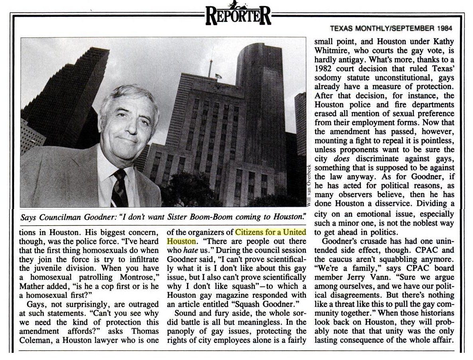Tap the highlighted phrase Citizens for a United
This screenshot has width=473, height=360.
tap(270, 232)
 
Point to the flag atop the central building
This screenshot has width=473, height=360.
tap(219, 75)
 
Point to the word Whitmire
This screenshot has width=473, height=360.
tap(331, 50)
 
